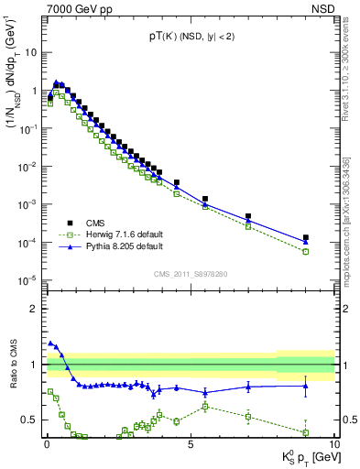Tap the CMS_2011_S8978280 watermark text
[190, 273]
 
